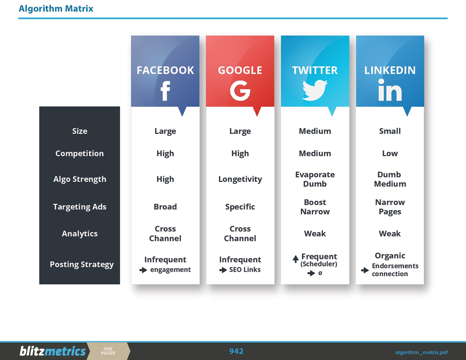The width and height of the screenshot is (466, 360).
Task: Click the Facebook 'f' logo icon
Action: [165, 91]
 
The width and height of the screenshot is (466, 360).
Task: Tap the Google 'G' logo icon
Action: [240, 91]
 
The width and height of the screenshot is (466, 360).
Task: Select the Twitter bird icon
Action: [315, 90]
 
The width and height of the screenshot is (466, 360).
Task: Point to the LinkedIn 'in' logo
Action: [390, 91]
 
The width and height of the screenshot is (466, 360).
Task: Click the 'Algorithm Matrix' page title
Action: [56, 9]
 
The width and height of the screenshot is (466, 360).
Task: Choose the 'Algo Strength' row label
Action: [79, 179]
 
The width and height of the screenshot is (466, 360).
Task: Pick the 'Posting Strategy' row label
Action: [82, 265]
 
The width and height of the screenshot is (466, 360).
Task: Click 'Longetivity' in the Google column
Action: [240, 179]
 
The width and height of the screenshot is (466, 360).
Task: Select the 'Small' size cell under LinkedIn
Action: [390, 131]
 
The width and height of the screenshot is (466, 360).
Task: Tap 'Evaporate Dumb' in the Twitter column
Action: [315, 179]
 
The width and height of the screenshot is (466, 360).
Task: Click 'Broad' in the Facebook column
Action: [165, 207]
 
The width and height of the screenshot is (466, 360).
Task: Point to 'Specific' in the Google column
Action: [240, 207]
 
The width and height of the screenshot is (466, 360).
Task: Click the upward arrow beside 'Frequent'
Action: [296, 259]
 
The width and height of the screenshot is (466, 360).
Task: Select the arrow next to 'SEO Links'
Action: [223, 270]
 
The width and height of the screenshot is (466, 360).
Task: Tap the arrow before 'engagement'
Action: [143, 270]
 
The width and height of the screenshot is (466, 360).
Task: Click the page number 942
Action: [236, 351]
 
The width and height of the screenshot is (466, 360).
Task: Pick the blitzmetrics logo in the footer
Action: [53, 351]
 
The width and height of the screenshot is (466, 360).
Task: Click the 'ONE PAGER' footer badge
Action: [108, 351]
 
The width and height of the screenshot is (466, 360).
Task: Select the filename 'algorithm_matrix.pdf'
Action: [421, 352]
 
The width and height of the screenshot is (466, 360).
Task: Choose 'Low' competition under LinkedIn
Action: [390, 154]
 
